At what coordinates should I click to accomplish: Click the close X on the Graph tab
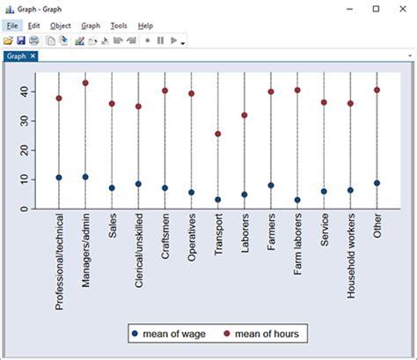pos(33,56)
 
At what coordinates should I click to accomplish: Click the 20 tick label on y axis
pos(26,151)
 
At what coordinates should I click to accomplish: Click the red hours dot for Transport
pos(218,134)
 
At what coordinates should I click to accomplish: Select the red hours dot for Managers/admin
pos(85,83)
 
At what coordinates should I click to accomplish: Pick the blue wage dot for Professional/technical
pos(59,178)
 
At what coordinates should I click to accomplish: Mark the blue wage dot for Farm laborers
pos(297,200)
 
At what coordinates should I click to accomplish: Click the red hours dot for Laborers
pos(245,115)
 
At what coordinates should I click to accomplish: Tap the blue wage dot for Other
pos(377,183)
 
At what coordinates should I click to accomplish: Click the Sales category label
pos(112,226)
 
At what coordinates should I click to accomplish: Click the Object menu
pos(61,26)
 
